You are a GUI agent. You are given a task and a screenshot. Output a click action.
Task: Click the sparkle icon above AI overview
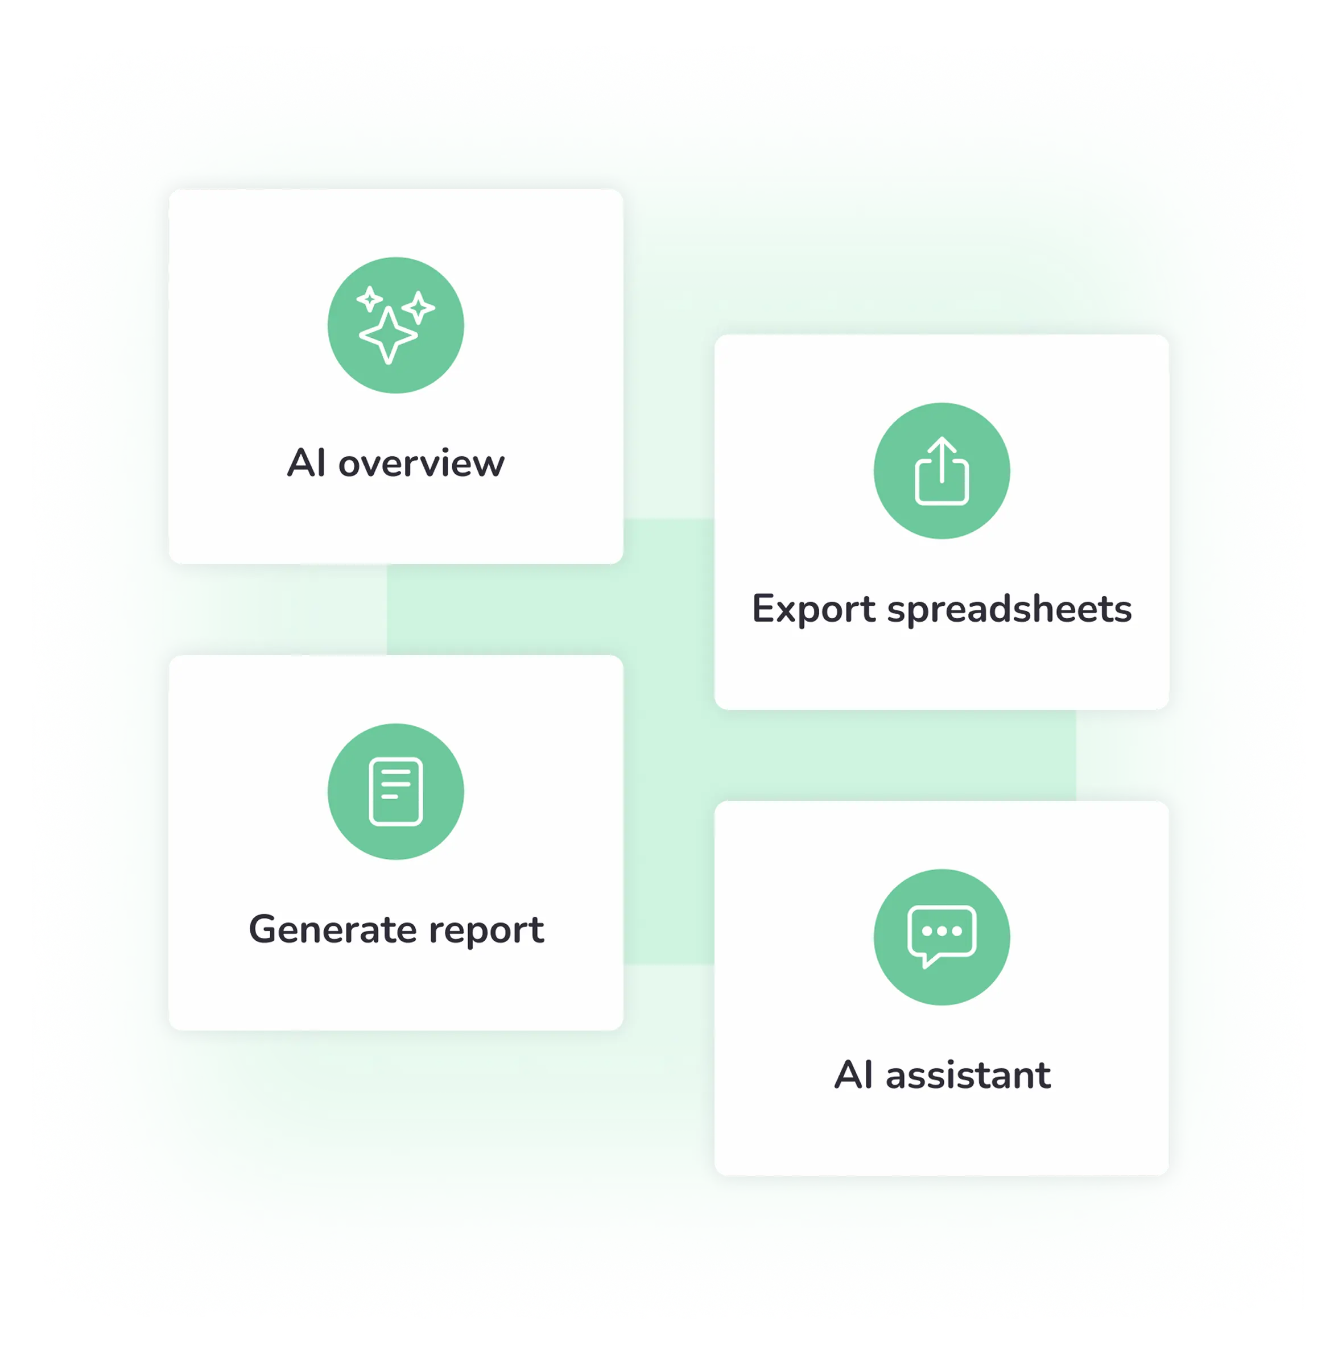pos(395,325)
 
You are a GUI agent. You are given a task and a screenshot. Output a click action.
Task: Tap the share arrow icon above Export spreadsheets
pos(941,471)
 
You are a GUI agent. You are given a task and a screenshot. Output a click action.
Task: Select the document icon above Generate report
pos(395,791)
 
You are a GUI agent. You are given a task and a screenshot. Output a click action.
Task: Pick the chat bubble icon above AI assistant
pos(941,937)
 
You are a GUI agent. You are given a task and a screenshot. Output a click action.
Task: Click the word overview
pos(422,464)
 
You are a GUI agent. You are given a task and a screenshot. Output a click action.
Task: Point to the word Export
pos(813,609)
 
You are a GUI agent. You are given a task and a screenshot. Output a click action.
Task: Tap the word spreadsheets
pos(1009,609)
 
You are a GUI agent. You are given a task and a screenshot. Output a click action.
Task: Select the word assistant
pos(968,1075)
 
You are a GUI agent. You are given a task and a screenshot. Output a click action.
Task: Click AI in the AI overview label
pos(307,464)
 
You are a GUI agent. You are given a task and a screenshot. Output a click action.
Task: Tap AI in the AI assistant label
pos(854,1075)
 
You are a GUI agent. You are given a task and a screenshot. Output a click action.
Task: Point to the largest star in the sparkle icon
pos(388,335)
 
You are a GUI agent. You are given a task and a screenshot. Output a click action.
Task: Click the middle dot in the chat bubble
pos(941,931)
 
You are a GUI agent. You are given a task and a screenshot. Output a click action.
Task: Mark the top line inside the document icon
pos(395,772)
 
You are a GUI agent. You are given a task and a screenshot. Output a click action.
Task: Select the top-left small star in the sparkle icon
pos(369,299)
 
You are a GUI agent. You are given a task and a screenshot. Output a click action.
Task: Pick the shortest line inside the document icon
pos(389,797)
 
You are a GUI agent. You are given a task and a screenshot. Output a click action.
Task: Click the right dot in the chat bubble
pos(957,931)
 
